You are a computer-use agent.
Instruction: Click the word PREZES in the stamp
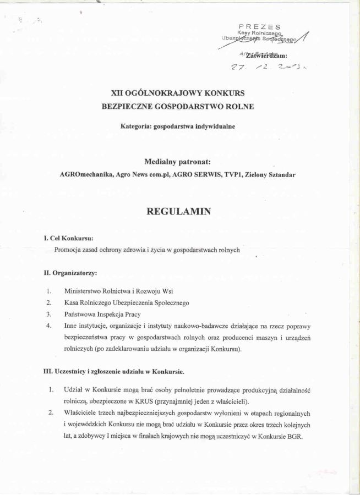[x=260, y=26]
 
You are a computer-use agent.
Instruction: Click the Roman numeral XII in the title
[x=117, y=95]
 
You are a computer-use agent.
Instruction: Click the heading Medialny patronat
[x=177, y=162]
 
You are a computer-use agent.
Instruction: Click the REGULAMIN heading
[x=178, y=210]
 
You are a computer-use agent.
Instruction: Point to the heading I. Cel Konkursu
[x=68, y=238]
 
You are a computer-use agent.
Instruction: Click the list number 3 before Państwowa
[x=49, y=314]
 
